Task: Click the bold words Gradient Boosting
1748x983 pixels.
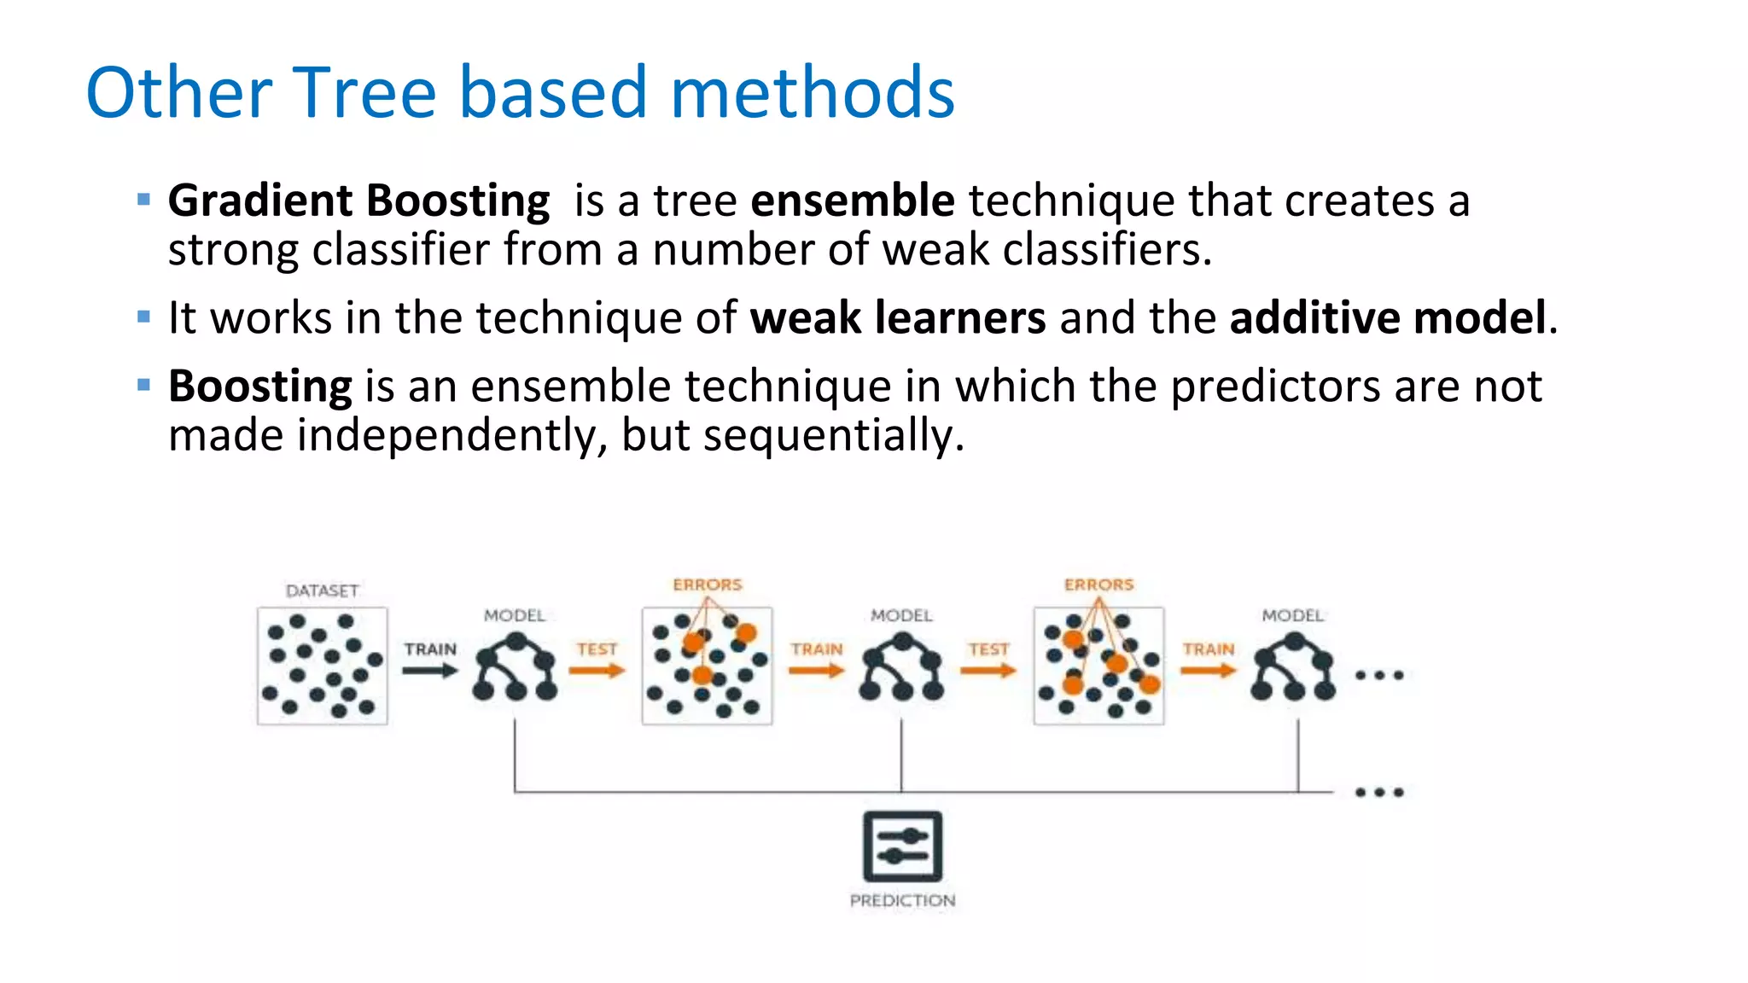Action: (x=358, y=201)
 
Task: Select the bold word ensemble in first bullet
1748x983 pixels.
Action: (x=852, y=201)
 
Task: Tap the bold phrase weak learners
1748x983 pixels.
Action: (x=897, y=318)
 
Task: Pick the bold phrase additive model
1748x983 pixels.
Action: (x=1387, y=318)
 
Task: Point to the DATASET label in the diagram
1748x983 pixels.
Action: (x=322, y=590)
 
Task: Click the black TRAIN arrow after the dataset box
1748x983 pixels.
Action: (x=429, y=671)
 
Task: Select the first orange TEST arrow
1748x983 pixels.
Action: (x=597, y=671)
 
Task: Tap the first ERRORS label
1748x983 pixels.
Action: (x=707, y=585)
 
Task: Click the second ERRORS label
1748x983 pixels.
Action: (x=1098, y=585)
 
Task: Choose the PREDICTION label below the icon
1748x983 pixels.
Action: (x=902, y=900)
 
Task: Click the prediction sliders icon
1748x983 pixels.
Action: (x=902, y=846)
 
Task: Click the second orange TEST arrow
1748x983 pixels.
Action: (x=988, y=671)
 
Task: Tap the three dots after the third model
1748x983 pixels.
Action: (x=1379, y=675)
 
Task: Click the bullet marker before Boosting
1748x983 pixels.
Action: (x=143, y=386)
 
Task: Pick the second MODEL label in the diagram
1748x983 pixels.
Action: (x=901, y=615)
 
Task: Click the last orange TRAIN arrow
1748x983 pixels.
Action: (x=1208, y=671)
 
